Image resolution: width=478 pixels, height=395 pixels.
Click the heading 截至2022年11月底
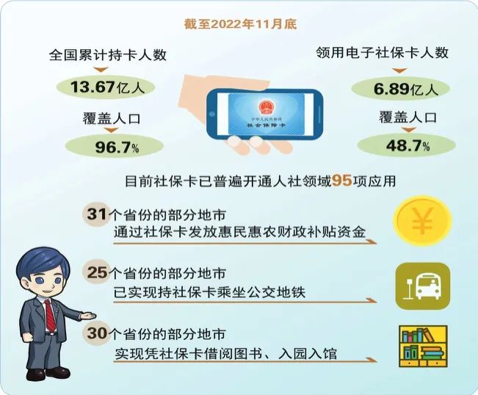(240, 24)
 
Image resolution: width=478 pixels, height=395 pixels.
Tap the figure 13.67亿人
(107, 87)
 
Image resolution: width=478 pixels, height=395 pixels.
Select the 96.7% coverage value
(117, 147)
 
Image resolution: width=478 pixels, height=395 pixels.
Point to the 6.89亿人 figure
(406, 89)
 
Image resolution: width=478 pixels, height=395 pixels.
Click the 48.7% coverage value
(408, 145)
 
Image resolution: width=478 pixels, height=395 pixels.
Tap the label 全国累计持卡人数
(108, 55)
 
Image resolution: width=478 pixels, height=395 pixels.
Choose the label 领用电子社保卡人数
(383, 53)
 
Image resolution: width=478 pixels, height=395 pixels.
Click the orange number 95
(341, 181)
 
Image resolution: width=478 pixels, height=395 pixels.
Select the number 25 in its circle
(97, 272)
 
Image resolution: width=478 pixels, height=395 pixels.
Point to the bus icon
(422, 286)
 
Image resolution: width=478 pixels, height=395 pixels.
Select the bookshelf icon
(424, 346)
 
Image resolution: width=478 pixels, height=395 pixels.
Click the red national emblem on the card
(267, 106)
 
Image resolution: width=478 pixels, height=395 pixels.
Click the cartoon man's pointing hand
(87, 316)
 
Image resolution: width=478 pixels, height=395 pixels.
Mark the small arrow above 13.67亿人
(101, 70)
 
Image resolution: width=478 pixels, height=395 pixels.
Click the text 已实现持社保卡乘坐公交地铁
(209, 293)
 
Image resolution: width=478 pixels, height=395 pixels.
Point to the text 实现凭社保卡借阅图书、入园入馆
(226, 354)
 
